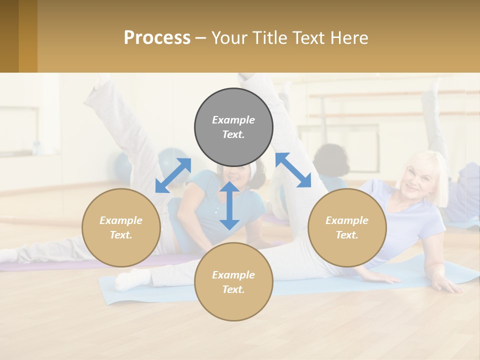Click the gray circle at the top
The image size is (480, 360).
click(x=233, y=127)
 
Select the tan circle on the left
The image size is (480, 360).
click(x=121, y=227)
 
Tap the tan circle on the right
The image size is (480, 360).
click(x=347, y=227)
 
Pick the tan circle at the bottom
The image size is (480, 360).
click(x=233, y=282)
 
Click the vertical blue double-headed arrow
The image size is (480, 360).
click(x=229, y=205)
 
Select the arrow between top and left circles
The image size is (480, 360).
click(x=173, y=175)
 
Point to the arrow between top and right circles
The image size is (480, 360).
click(x=293, y=170)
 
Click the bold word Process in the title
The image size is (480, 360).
click(x=157, y=37)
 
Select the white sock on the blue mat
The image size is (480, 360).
click(x=129, y=280)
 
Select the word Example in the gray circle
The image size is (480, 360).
click(x=233, y=120)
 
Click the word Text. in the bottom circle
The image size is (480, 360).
click(x=233, y=289)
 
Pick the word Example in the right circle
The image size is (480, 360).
click(x=347, y=220)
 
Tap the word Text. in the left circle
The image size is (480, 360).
click(x=121, y=235)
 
